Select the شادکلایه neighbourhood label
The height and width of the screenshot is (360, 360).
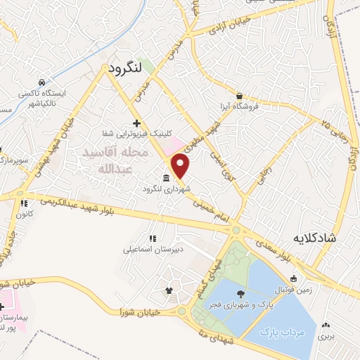click(x=332, y=238)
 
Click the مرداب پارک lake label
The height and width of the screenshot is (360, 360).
click(x=281, y=330)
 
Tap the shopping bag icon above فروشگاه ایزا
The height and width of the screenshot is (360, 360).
click(x=240, y=96)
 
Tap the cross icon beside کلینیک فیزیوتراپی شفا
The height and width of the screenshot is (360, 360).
click(x=136, y=123)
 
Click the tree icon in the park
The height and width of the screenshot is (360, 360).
click(x=242, y=294)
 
